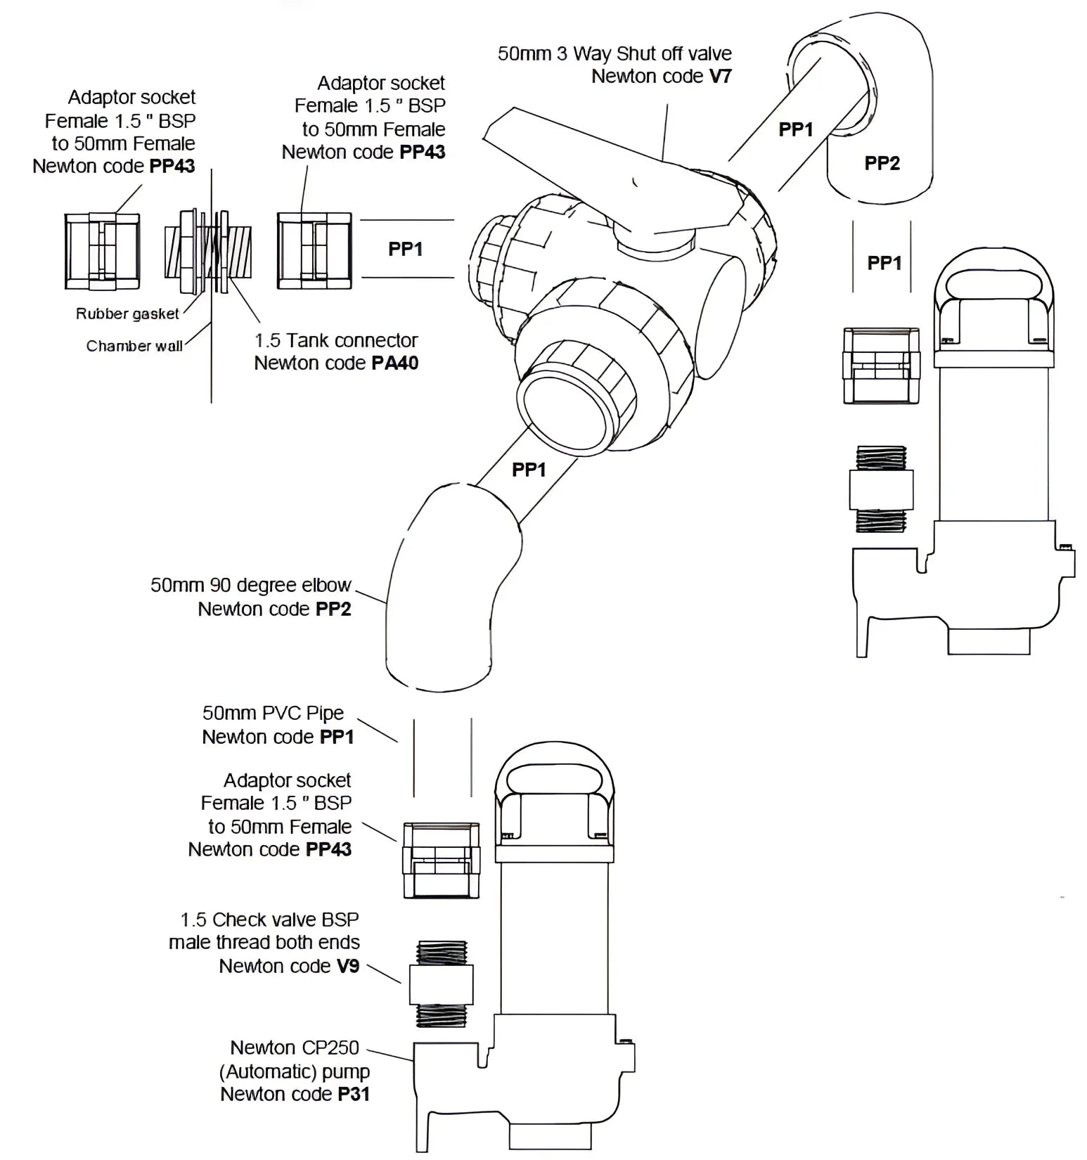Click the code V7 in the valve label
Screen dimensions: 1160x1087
tap(720, 76)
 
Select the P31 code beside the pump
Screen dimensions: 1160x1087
tap(353, 1094)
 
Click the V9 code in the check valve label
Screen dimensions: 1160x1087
tap(347, 966)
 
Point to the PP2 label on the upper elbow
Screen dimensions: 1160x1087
tap(882, 163)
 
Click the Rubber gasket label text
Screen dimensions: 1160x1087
tap(127, 314)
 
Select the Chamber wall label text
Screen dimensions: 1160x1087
tap(134, 346)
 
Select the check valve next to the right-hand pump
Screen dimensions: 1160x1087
tap(881, 489)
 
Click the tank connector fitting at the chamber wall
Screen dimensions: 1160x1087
tap(208, 251)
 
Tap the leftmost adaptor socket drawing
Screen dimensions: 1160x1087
tap(102, 251)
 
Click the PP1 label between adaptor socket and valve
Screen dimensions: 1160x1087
tap(405, 249)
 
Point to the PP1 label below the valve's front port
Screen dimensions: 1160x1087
tap(528, 469)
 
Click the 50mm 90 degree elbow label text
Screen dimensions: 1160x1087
tap(250, 586)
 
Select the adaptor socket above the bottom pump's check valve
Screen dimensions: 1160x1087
tap(441, 860)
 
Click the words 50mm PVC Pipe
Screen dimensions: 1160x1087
tap(273, 713)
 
